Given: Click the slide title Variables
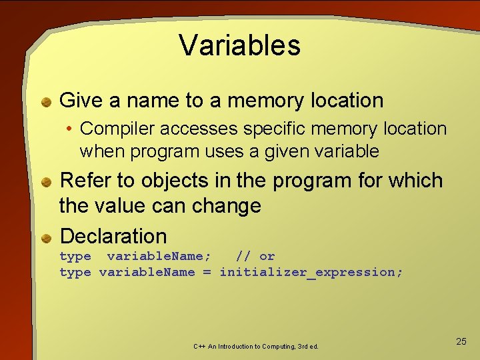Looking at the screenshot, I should [x=240, y=45].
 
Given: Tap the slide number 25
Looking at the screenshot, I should [x=461, y=341].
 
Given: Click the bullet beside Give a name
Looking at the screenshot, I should [x=47, y=102].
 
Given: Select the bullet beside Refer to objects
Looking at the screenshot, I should [x=47, y=182].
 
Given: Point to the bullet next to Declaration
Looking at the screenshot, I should [x=47, y=237].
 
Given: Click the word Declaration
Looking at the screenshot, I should [x=113, y=236].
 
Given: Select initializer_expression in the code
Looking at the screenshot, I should [x=311, y=272].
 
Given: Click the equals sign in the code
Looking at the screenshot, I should [x=207, y=272].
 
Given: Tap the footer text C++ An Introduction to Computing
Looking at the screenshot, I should [x=256, y=347].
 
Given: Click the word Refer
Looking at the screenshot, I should [x=83, y=181].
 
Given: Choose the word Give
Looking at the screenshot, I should [x=81, y=101].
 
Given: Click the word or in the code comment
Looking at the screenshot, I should [x=267, y=256].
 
